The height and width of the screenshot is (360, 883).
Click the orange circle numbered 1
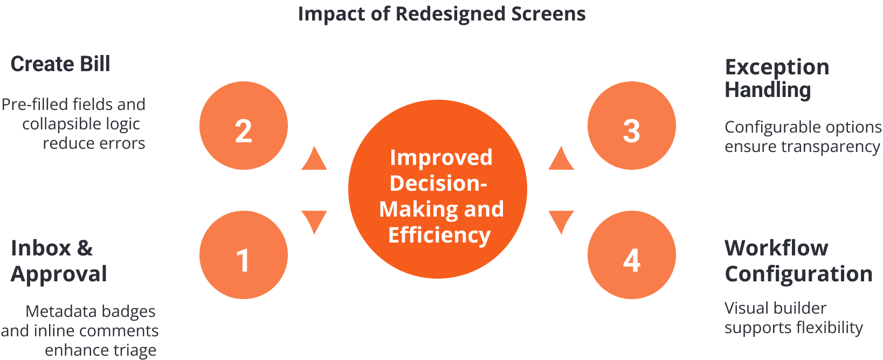[x=244, y=255]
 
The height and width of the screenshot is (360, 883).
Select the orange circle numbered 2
[x=244, y=126]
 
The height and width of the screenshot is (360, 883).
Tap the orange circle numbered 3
[x=631, y=126]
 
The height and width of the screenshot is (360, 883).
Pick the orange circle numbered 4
[x=631, y=255]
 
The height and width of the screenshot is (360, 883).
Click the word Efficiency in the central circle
[x=439, y=235]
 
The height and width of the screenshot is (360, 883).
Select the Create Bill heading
[x=60, y=64]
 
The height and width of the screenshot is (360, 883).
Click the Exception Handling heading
[x=776, y=78]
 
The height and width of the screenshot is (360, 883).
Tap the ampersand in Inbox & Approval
[x=85, y=248]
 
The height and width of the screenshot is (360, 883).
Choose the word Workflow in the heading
[x=776, y=248]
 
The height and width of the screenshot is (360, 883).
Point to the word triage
[x=130, y=350]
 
